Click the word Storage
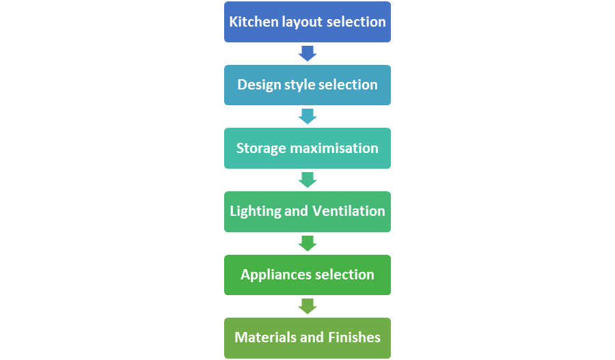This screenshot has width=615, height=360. click(x=261, y=149)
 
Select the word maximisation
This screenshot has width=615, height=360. click(x=334, y=148)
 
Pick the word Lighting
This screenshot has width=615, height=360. click(x=256, y=211)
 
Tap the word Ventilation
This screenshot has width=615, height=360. click(x=348, y=211)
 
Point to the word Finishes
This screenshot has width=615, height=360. click(x=354, y=337)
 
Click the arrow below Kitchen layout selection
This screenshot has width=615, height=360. click(x=307, y=54)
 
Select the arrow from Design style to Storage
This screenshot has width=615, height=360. click(x=307, y=116)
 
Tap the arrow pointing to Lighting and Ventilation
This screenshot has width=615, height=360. click(x=307, y=180)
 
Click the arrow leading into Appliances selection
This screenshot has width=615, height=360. click(x=307, y=243)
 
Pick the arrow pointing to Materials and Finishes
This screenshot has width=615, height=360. click(x=307, y=306)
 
